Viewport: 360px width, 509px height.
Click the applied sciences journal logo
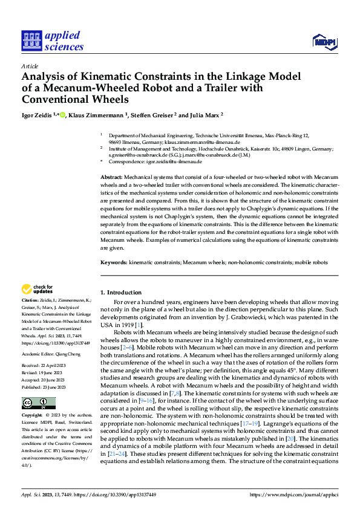pos(52,41)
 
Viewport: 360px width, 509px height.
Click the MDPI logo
pos(324,41)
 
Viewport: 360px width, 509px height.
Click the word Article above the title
pos(30,66)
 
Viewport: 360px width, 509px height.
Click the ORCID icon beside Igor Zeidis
pos(63,115)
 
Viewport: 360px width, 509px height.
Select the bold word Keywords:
pos(114,263)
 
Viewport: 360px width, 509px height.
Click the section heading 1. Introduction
pos(121,292)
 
